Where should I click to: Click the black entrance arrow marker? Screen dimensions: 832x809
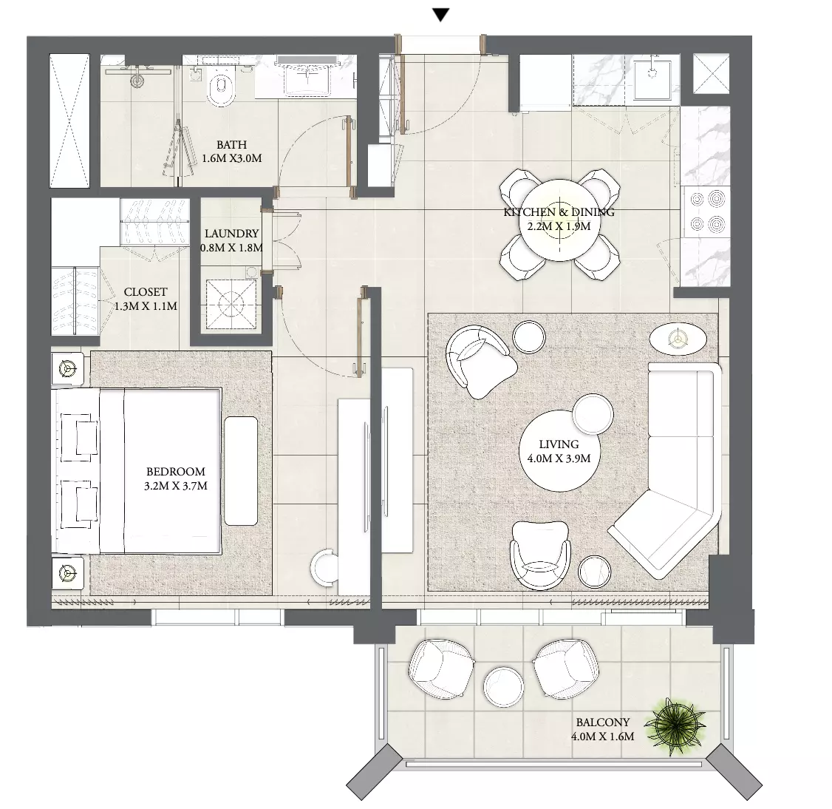pos(440,15)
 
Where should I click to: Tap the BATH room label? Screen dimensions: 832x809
pos(231,144)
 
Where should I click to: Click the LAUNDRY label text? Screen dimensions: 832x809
pos(231,234)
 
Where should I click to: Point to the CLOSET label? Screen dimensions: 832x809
pos(146,292)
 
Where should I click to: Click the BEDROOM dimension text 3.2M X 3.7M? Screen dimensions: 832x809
pos(176,486)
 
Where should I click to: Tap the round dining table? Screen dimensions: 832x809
pos(559,220)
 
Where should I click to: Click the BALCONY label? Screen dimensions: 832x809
pos(603,722)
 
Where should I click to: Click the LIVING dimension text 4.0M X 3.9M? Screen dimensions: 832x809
pos(559,458)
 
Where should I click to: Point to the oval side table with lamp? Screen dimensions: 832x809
pos(678,338)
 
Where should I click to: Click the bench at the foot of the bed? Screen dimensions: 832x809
pos(241,471)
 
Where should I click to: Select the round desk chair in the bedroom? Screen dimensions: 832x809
pos(324,569)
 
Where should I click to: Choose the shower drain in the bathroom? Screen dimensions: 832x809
pos(137,81)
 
